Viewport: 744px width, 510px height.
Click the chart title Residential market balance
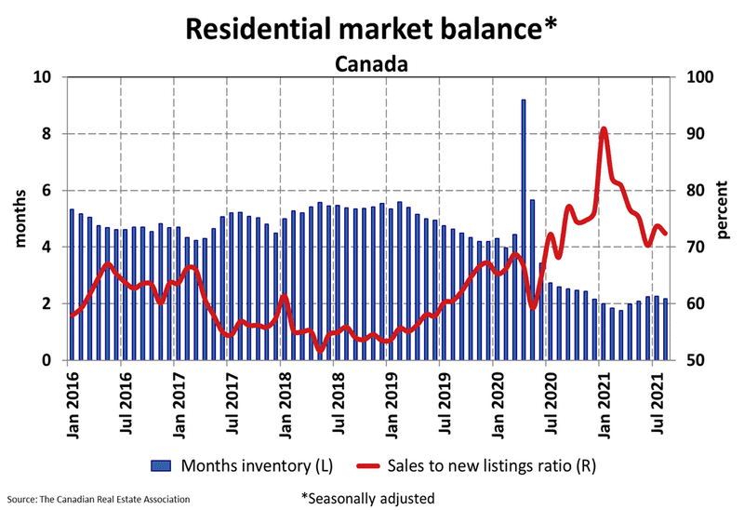pos(372,28)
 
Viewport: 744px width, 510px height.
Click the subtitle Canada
pos(372,64)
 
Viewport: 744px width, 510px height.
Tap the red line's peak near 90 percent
pos(604,129)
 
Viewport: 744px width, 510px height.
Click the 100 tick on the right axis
pos(699,77)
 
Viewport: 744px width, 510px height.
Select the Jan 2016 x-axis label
pos(72,400)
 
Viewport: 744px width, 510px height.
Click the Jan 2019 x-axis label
pos(389,400)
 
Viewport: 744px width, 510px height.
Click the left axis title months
pos(20,219)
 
